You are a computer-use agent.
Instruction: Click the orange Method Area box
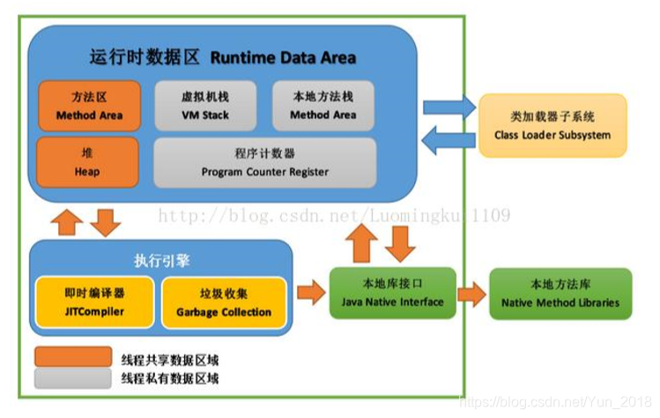tap(88, 107)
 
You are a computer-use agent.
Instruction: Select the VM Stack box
tap(205, 107)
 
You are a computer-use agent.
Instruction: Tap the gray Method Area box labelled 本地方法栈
tap(323, 107)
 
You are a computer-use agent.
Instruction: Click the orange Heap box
tap(87, 162)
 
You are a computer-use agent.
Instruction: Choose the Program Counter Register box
tap(264, 162)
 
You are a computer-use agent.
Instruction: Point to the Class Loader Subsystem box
tap(552, 126)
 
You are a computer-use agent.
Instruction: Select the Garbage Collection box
tap(223, 302)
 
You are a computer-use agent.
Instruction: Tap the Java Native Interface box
tap(392, 294)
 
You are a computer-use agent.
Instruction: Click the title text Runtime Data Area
tap(283, 58)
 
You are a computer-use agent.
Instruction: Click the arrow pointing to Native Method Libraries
tap(471, 294)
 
